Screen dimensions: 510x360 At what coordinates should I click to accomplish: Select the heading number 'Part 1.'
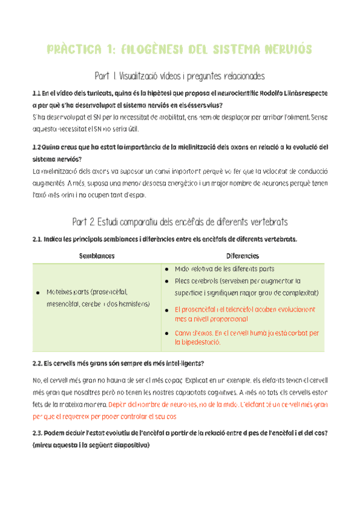tap(106, 76)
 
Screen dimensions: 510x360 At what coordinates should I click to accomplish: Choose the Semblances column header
tap(97, 256)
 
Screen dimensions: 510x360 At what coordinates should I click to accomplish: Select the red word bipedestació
tap(198, 343)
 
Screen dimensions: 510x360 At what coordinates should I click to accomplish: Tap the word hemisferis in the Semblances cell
tap(134, 304)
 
